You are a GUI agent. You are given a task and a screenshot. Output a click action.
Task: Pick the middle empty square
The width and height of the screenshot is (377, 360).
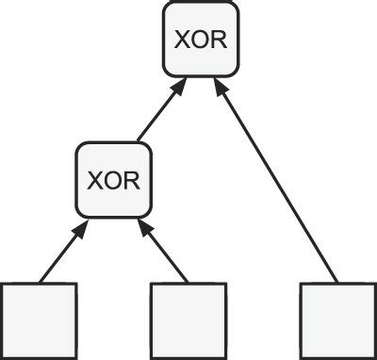188,319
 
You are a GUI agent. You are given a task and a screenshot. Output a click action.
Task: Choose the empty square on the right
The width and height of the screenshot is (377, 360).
337,319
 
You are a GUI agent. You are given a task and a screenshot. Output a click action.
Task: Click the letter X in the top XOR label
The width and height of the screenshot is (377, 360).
181,41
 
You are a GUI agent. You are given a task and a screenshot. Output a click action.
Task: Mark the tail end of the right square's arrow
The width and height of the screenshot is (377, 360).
336,281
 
